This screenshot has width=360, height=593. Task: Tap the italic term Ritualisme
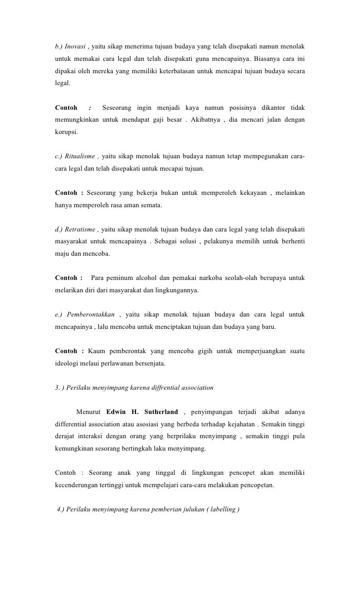point(80,157)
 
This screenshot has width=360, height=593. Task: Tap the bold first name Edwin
point(116,411)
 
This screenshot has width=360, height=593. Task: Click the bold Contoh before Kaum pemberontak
point(66,351)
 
